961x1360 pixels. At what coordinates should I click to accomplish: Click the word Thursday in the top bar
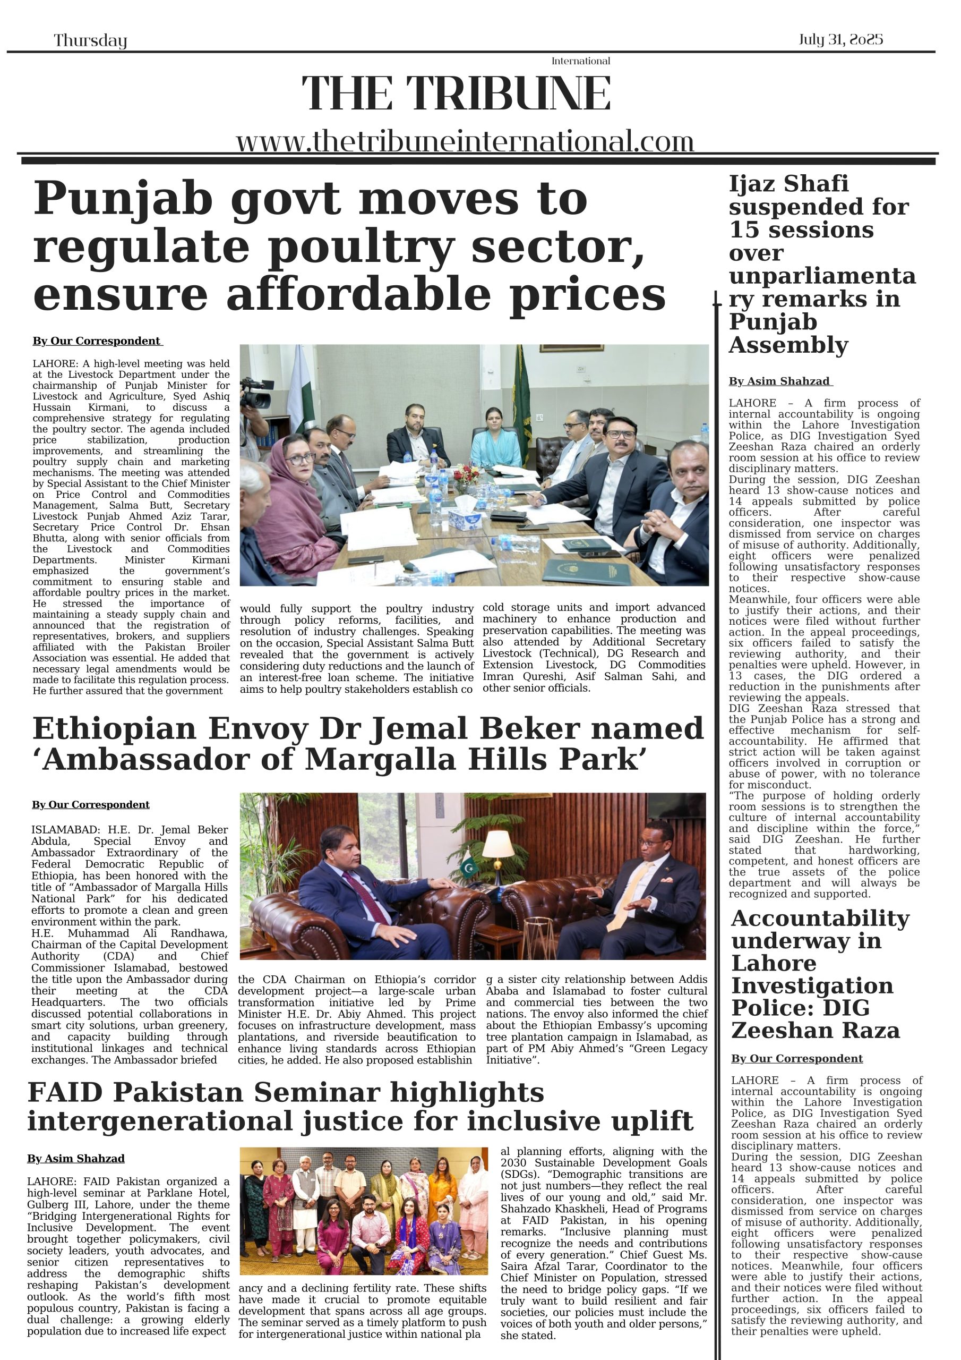(91, 41)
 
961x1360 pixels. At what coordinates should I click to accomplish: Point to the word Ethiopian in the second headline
(114, 728)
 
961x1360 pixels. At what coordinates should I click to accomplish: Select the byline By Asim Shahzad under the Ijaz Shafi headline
(780, 381)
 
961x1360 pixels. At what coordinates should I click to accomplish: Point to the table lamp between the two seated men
(499, 844)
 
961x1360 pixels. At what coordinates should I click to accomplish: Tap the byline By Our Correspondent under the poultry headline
(97, 341)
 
